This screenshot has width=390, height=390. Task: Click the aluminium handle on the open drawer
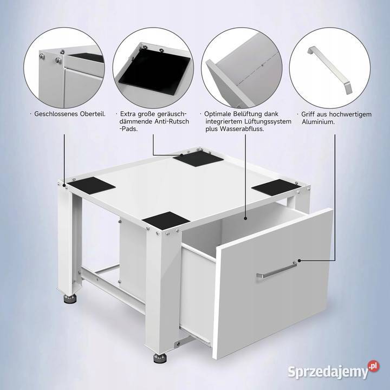(x=277, y=270)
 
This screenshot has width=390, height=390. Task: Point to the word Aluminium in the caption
(x=318, y=122)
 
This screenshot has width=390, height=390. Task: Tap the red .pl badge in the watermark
(x=374, y=366)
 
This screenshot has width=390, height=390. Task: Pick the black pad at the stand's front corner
(x=166, y=220)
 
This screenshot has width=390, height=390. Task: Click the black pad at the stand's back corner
(x=198, y=159)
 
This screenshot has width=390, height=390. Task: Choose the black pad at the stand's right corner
(x=276, y=187)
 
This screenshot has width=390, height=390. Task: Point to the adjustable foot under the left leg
(x=70, y=298)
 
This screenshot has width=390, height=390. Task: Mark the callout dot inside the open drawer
(x=245, y=219)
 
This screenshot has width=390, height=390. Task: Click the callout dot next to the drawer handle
(x=300, y=261)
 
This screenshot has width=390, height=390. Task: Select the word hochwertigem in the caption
(x=350, y=114)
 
